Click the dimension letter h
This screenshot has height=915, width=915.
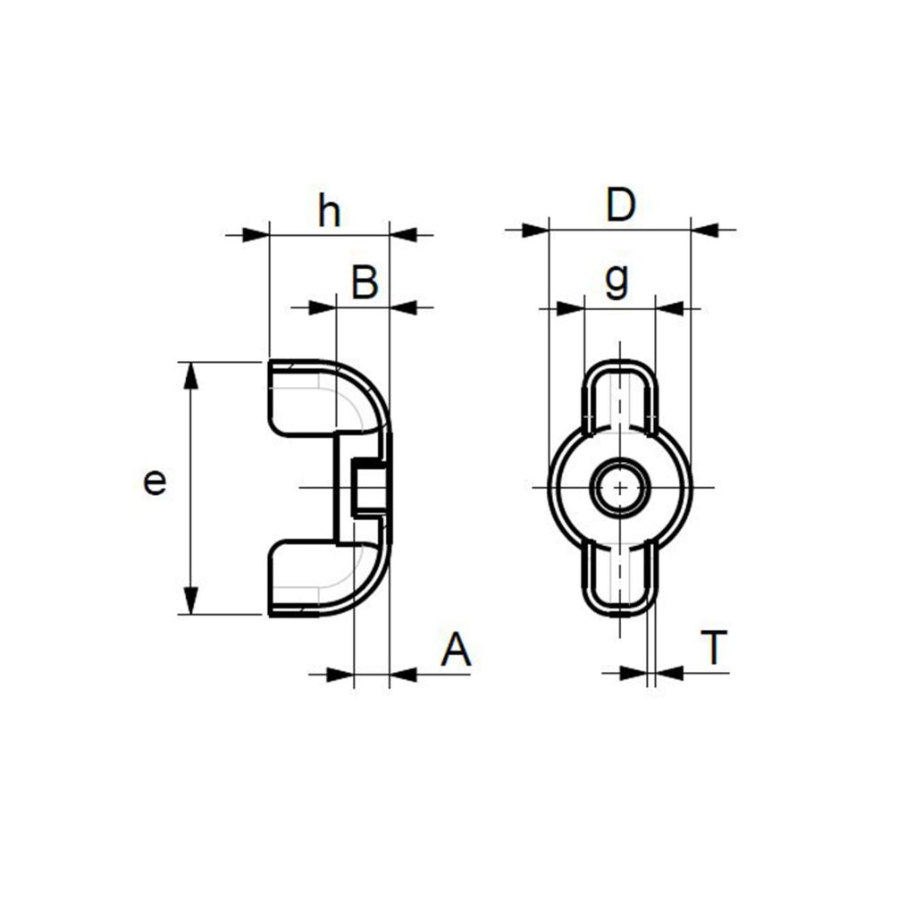(x=330, y=213)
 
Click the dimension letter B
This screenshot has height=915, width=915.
(x=365, y=283)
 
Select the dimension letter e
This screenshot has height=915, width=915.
(x=155, y=483)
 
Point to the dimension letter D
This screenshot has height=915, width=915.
(x=620, y=206)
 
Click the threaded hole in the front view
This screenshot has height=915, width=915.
(x=619, y=487)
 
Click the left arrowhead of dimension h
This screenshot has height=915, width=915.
(x=256, y=235)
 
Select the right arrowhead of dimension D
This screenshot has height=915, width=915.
(x=705, y=230)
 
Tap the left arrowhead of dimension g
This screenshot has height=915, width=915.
(x=569, y=308)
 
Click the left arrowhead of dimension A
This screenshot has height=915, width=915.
(x=340, y=675)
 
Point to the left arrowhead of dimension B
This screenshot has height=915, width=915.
(x=322, y=307)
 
